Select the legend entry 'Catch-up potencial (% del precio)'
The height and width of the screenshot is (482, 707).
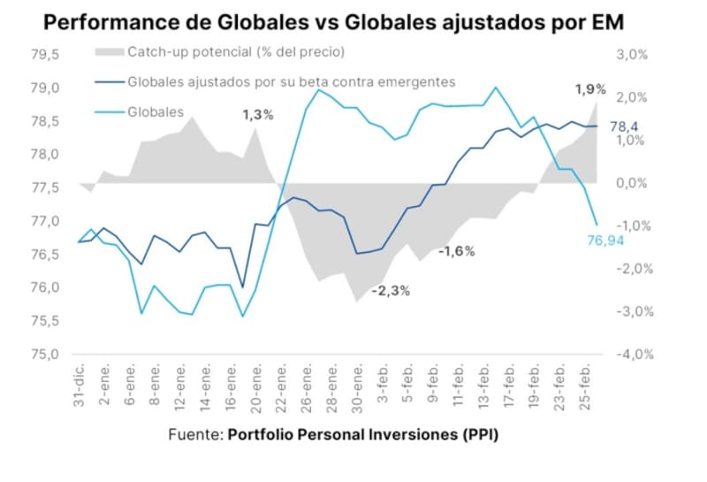[235, 53]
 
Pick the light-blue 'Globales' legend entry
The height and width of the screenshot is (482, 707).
[156, 112]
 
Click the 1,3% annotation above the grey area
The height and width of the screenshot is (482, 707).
[258, 114]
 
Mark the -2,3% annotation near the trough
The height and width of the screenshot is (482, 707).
[390, 290]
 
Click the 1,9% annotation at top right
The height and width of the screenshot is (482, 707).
[589, 88]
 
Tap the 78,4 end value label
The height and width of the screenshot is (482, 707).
[624, 126]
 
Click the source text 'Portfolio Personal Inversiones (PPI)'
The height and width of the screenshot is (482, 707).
[369, 436]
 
